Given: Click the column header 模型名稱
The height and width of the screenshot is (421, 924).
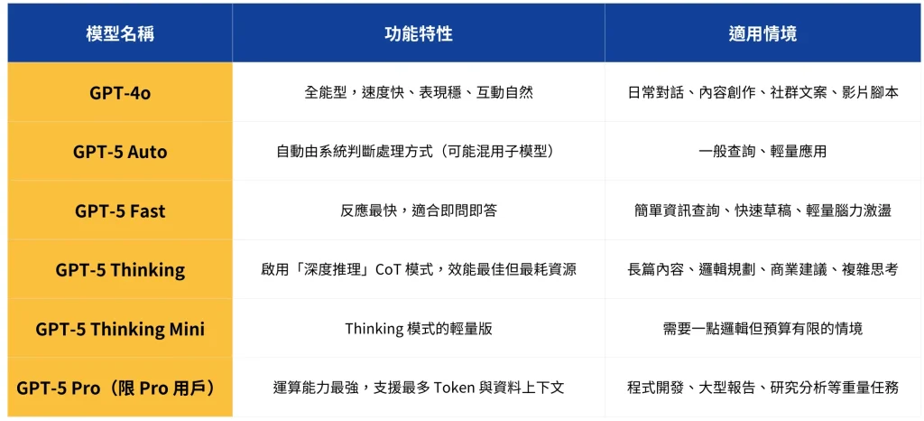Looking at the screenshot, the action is coord(120,33).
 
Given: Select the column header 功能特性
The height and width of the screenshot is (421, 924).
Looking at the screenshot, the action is coord(419,33).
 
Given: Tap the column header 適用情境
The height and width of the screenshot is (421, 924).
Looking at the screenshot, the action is coord(763,33).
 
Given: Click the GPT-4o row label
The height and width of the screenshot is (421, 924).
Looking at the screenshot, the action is coord(120,92).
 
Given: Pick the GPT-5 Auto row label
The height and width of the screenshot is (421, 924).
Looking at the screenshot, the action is coord(120,152).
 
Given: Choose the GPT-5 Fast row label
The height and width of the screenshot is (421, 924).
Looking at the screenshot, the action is coord(120,210).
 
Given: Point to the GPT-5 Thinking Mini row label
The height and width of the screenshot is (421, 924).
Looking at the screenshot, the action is coord(120,329).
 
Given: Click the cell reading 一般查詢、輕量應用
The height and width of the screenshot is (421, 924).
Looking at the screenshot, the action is coord(763,152).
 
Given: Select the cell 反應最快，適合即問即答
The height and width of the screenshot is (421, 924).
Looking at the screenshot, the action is coord(419,210).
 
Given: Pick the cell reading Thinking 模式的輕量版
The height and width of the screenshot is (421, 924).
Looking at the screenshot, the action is coord(419,329).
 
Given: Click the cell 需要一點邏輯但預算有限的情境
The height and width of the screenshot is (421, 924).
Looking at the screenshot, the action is coord(763,329).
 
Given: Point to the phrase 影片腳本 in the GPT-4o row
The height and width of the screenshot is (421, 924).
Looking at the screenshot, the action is coord(870,92).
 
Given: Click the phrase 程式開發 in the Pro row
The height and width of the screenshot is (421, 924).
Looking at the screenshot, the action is coord(656,388).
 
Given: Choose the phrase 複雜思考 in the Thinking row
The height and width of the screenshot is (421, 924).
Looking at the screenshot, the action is coord(870,269).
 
